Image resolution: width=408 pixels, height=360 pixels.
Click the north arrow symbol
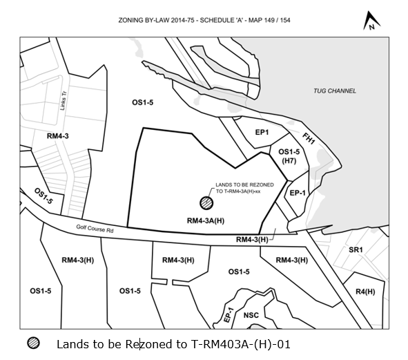371,21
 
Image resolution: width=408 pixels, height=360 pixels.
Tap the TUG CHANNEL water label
335,91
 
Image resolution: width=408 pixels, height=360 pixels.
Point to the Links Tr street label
64,101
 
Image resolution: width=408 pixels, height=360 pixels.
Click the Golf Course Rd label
95,229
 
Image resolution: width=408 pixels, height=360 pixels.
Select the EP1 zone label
262,133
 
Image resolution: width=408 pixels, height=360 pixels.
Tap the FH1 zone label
309,138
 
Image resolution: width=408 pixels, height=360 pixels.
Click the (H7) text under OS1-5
289,161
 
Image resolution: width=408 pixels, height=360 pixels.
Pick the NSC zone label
251,316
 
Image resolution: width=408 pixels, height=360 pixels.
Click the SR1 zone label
356,250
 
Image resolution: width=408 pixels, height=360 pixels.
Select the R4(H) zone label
365,292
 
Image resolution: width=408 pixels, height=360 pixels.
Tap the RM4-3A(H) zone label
206,221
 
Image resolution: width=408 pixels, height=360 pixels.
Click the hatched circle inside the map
206,203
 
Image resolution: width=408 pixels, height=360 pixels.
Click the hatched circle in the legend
33,343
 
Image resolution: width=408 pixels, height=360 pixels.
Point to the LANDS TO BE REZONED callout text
244,188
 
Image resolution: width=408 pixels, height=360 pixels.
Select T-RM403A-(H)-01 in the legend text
240,344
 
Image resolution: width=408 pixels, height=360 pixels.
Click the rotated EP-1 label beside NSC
229,315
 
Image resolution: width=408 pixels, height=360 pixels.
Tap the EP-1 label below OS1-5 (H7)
298,193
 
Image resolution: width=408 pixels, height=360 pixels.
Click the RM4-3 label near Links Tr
58,136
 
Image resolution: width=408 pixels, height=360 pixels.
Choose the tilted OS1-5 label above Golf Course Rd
43,196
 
